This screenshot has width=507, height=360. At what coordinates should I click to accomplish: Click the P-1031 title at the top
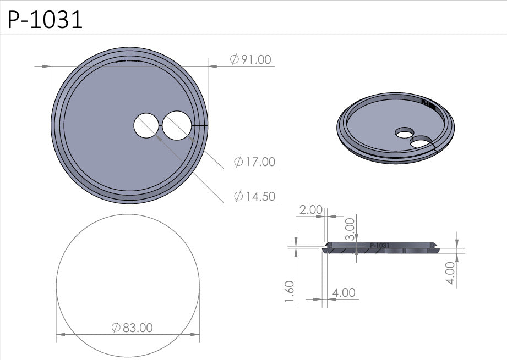(x=46, y=20)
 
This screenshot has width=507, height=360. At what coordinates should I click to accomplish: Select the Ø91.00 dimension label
(x=251, y=59)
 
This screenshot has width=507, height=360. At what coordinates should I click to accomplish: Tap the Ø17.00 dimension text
(x=254, y=162)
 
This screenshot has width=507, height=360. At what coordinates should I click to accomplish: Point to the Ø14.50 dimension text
(x=254, y=196)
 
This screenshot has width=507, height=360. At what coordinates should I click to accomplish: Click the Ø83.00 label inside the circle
(x=132, y=328)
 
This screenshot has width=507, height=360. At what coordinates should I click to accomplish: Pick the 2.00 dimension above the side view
(x=310, y=209)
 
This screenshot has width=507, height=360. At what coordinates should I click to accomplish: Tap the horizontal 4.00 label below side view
(x=344, y=292)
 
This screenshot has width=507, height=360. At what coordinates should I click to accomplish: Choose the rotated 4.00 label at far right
(x=450, y=273)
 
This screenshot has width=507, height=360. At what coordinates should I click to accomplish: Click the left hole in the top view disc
(x=146, y=125)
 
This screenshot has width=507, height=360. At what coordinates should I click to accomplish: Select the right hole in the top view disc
(x=176, y=124)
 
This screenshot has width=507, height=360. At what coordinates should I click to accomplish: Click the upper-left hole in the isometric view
(x=405, y=132)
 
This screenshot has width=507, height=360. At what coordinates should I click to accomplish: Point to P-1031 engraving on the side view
(x=380, y=245)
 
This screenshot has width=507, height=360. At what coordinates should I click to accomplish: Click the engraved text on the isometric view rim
(x=428, y=102)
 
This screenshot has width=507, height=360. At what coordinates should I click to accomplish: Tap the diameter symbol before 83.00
(x=116, y=328)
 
